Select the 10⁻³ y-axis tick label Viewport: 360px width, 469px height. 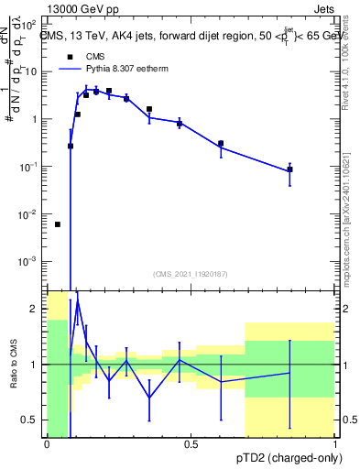(x=30, y=262)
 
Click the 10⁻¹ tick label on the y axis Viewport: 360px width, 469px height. (x=30, y=167)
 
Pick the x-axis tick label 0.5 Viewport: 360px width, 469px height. (x=191, y=445)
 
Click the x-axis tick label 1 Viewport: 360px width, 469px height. (x=335, y=445)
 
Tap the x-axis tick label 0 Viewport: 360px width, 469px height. (x=47, y=445)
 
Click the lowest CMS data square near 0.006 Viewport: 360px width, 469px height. (x=58, y=224)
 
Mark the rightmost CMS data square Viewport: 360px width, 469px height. (x=289, y=169)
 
